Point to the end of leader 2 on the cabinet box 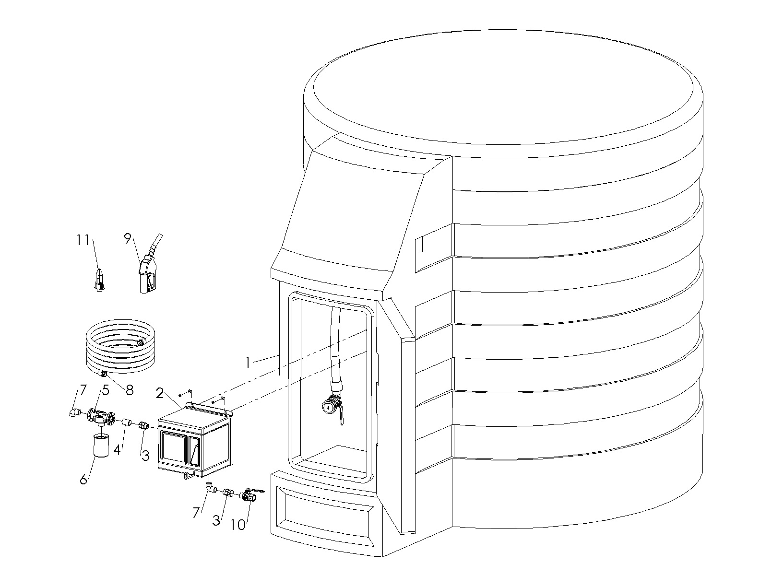point(182,409)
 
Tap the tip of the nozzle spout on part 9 point(161,234)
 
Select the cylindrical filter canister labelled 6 point(101,445)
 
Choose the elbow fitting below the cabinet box point(211,487)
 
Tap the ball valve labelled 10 point(250,495)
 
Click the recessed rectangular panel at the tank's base point(325,516)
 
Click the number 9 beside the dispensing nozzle point(128,238)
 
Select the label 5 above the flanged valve point(105,390)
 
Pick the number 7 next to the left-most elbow point(83,390)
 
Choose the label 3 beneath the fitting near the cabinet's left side point(145,456)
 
